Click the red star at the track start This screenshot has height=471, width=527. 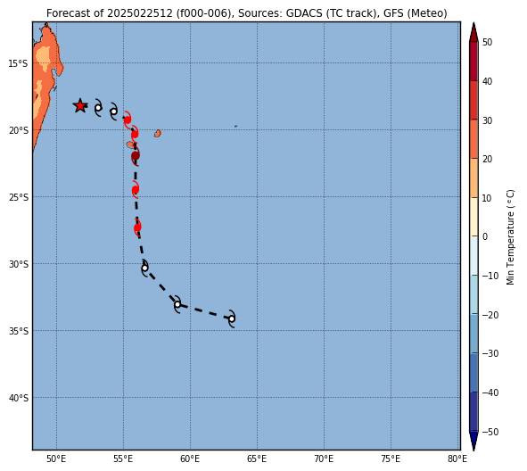pyautogui.click(x=80, y=106)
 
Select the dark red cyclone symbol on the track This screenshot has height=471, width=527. pyautogui.click(x=136, y=155)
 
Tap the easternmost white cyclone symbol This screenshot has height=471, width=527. pyautogui.click(x=232, y=318)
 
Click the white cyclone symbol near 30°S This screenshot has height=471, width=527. pyautogui.click(x=144, y=268)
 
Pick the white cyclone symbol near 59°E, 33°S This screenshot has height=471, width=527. pyautogui.click(x=177, y=304)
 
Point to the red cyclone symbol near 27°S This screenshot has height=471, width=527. pyautogui.click(x=137, y=227)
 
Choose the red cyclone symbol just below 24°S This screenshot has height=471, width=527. pyautogui.click(x=136, y=190)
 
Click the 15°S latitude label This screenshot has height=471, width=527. pyautogui.click(x=18, y=63)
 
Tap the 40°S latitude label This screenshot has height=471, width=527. pyautogui.click(x=18, y=398)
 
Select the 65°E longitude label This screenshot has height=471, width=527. pyautogui.click(x=257, y=459)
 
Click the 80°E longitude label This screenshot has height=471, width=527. pyautogui.click(x=457, y=459)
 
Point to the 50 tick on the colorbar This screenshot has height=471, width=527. pyautogui.click(x=487, y=42)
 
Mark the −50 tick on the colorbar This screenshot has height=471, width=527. pyautogui.click(x=490, y=432)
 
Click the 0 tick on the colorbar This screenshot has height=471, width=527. pyautogui.click(x=485, y=236)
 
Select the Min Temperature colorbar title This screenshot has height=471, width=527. pyautogui.click(x=510, y=237)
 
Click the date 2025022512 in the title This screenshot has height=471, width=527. pyautogui.click(x=140, y=13)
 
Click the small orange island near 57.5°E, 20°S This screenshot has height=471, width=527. pyautogui.click(x=158, y=134)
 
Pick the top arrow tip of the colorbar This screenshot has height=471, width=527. pyautogui.click(x=473, y=23)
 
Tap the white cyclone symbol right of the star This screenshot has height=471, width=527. pyautogui.click(x=98, y=108)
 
